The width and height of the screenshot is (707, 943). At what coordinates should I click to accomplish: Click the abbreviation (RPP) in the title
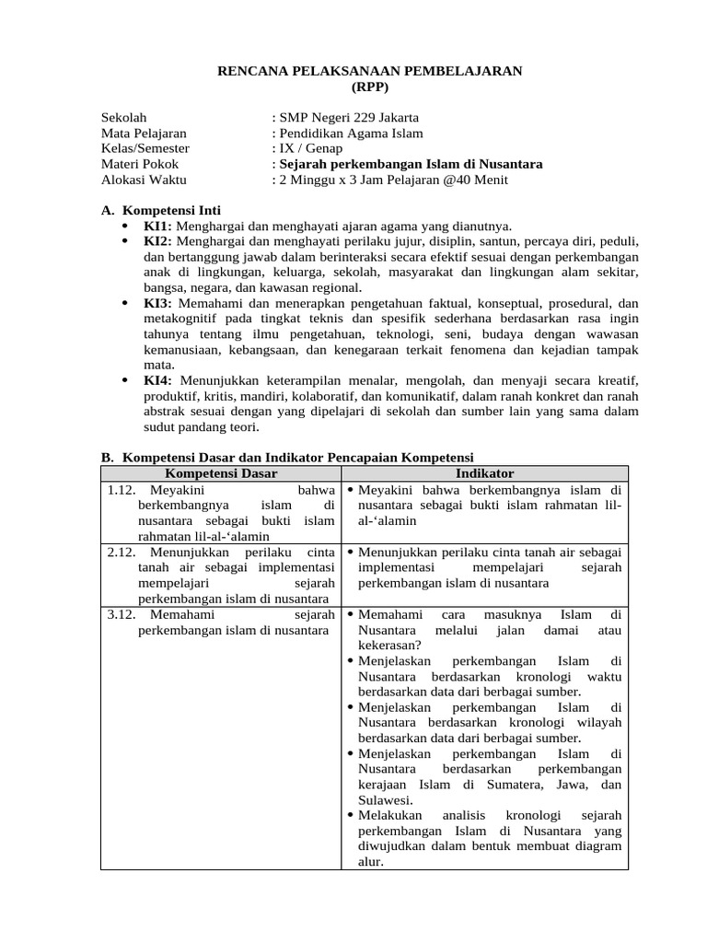pyautogui.click(x=371, y=87)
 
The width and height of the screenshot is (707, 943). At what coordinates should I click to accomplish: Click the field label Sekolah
pyautogui.click(x=124, y=117)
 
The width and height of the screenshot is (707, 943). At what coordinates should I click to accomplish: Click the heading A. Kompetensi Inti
pyautogui.click(x=160, y=210)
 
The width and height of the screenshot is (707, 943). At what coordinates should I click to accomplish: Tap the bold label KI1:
pyautogui.click(x=157, y=226)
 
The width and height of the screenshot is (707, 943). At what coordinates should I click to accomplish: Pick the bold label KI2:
pyautogui.click(x=157, y=241)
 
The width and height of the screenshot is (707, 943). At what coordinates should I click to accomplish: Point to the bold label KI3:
pyautogui.click(x=157, y=303)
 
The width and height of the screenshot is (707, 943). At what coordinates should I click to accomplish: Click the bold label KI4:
pyautogui.click(x=157, y=380)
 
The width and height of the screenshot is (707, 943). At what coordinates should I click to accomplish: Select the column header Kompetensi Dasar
pyautogui.click(x=220, y=472)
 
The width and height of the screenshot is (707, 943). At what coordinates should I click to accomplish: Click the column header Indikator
pyautogui.click(x=484, y=472)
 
